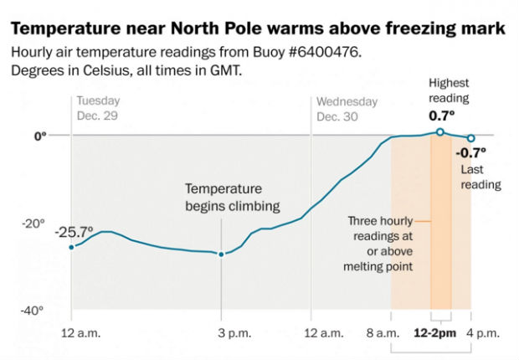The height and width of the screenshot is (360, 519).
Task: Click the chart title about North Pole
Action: click(258, 29)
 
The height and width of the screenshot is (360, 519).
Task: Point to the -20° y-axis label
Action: click(34, 223)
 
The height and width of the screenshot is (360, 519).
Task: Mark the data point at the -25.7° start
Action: click(71, 247)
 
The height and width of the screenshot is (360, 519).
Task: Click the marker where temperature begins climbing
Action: click(221, 254)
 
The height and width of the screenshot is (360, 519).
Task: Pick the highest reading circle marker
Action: click(440, 132)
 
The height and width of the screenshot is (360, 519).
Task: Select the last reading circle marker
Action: click(470, 138)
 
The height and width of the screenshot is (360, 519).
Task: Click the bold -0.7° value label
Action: click(471, 153)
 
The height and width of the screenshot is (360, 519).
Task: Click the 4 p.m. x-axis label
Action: click(482, 333)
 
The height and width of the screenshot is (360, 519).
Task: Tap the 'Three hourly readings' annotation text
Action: click(382, 244)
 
